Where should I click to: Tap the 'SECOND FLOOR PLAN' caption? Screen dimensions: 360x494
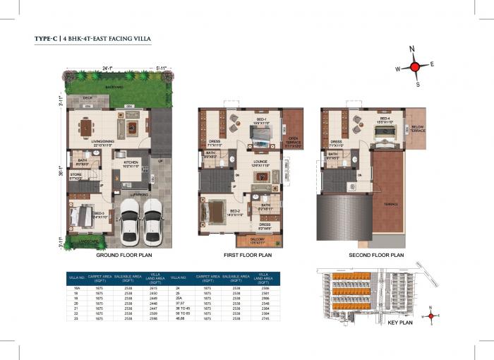tap(375, 255)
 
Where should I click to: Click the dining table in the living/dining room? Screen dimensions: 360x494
tap(87, 128)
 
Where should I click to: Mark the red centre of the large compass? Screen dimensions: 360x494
tap(415, 66)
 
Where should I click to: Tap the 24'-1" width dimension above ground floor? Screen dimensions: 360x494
tap(107, 68)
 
